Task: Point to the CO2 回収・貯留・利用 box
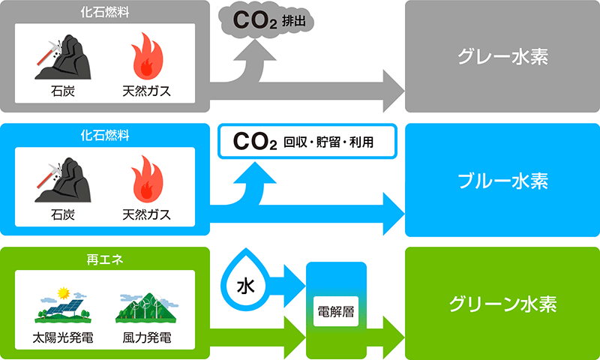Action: click(x=307, y=141)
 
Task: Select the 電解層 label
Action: click(x=336, y=310)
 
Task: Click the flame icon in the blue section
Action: click(x=147, y=181)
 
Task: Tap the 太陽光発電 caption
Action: click(x=63, y=338)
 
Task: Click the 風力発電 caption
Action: click(x=146, y=338)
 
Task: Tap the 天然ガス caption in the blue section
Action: click(x=147, y=214)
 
